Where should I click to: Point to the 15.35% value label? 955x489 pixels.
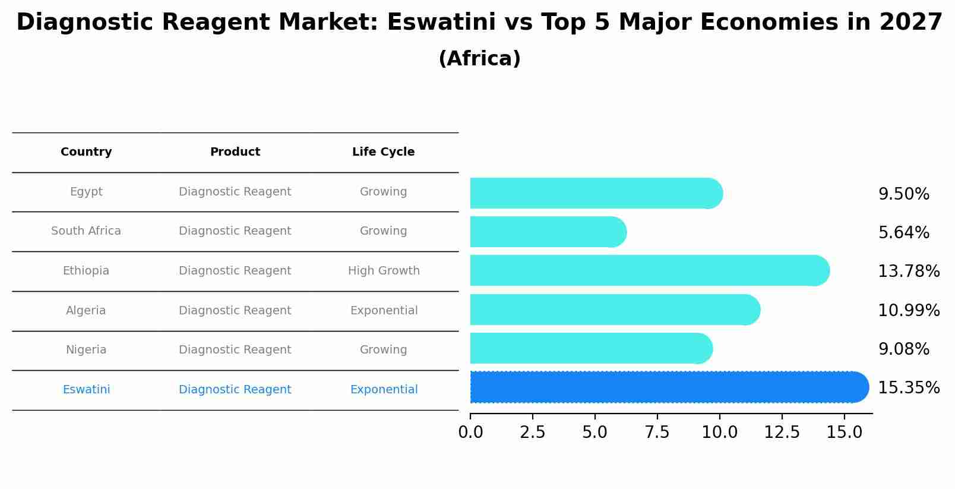pyautogui.click(x=908, y=388)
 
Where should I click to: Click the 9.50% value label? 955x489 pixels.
pyautogui.click(x=903, y=194)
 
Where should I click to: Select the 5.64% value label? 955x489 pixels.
pyautogui.click(x=903, y=233)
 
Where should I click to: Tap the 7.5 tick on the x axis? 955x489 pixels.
pyautogui.click(x=657, y=433)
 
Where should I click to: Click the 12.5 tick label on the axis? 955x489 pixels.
pyautogui.click(x=782, y=433)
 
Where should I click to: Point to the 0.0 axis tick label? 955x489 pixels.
pyautogui.click(x=470, y=433)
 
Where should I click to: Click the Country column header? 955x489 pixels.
pyautogui.click(x=86, y=152)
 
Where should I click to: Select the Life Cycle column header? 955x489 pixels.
pyautogui.click(x=383, y=152)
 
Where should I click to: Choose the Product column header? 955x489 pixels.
pyautogui.click(x=235, y=152)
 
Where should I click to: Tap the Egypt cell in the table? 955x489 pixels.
pyautogui.click(x=86, y=192)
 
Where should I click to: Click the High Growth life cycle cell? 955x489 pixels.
pyautogui.click(x=384, y=271)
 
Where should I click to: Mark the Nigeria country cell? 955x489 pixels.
pyautogui.click(x=86, y=350)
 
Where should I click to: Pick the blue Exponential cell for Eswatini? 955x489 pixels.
pyautogui.click(x=384, y=390)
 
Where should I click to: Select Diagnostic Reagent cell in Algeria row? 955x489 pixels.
pyautogui.click(x=235, y=311)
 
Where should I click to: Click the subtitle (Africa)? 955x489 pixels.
pyautogui.click(x=479, y=59)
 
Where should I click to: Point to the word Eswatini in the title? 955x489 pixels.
pyautogui.click(x=441, y=23)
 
